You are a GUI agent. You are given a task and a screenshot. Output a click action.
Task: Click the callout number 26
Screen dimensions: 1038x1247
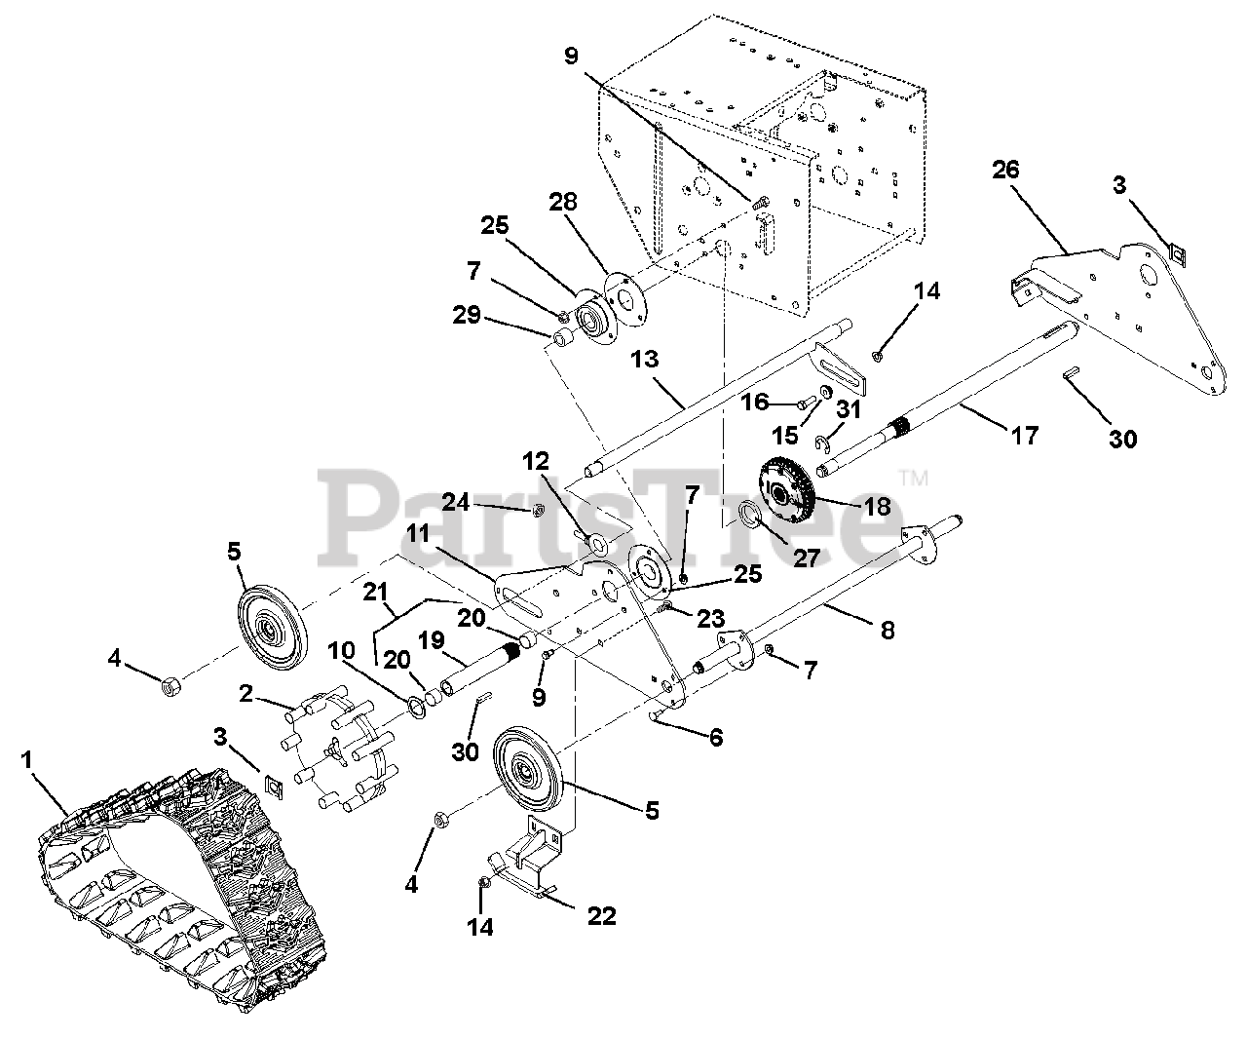1005,170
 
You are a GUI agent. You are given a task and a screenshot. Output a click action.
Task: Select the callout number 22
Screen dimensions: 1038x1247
602,917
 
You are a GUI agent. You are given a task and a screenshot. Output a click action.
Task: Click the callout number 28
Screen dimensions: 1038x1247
590,202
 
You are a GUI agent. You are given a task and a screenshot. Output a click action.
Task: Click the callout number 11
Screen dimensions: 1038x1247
418,533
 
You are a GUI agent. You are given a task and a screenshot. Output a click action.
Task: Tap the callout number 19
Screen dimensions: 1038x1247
433,640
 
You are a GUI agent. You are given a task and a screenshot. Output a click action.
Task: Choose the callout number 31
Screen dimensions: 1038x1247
849,409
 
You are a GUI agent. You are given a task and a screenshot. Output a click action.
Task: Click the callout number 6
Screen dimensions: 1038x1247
716,738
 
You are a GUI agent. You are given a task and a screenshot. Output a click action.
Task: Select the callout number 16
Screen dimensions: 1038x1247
756,402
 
